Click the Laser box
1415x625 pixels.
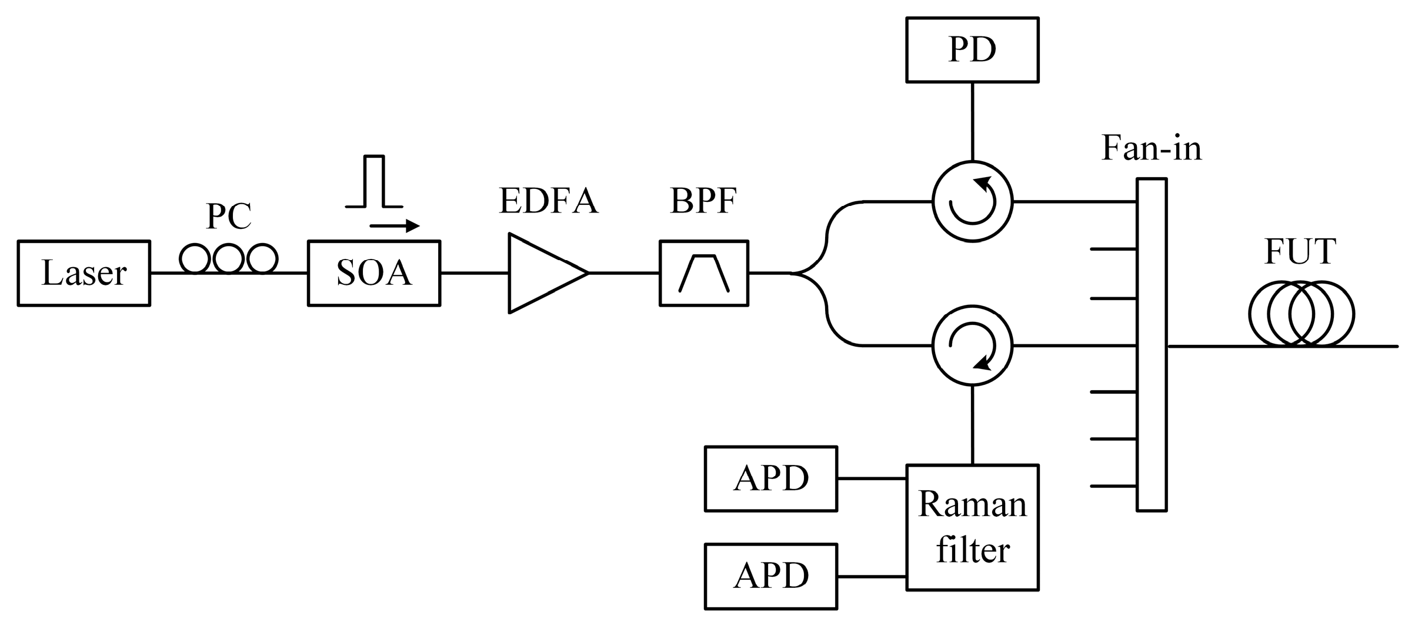pyautogui.click(x=84, y=273)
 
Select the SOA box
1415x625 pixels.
pyautogui.click(x=373, y=273)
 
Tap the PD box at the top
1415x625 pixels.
pyautogui.click(x=972, y=49)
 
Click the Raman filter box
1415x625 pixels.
pyautogui.click(x=972, y=527)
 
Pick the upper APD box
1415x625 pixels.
pyautogui.click(x=770, y=478)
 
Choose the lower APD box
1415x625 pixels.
pyautogui.click(x=770, y=576)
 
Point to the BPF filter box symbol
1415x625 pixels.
pyautogui.click(x=703, y=273)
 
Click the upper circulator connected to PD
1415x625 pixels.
pyautogui.click(x=972, y=201)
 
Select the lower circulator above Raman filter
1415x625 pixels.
pyautogui.click(x=972, y=345)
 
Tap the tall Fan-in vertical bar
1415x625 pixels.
pyautogui.click(x=1151, y=345)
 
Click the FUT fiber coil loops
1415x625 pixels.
pyautogui.click(x=1301, y=314)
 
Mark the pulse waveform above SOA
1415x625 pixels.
pyautogui.click(x=374, y=182)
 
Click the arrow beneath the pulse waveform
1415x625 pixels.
pyautogui.click(x=394, y=226)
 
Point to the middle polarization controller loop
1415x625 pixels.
pyautogui.click(x=228, y=258)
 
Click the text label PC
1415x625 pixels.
pyautogui.click(x=229, y=216)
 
